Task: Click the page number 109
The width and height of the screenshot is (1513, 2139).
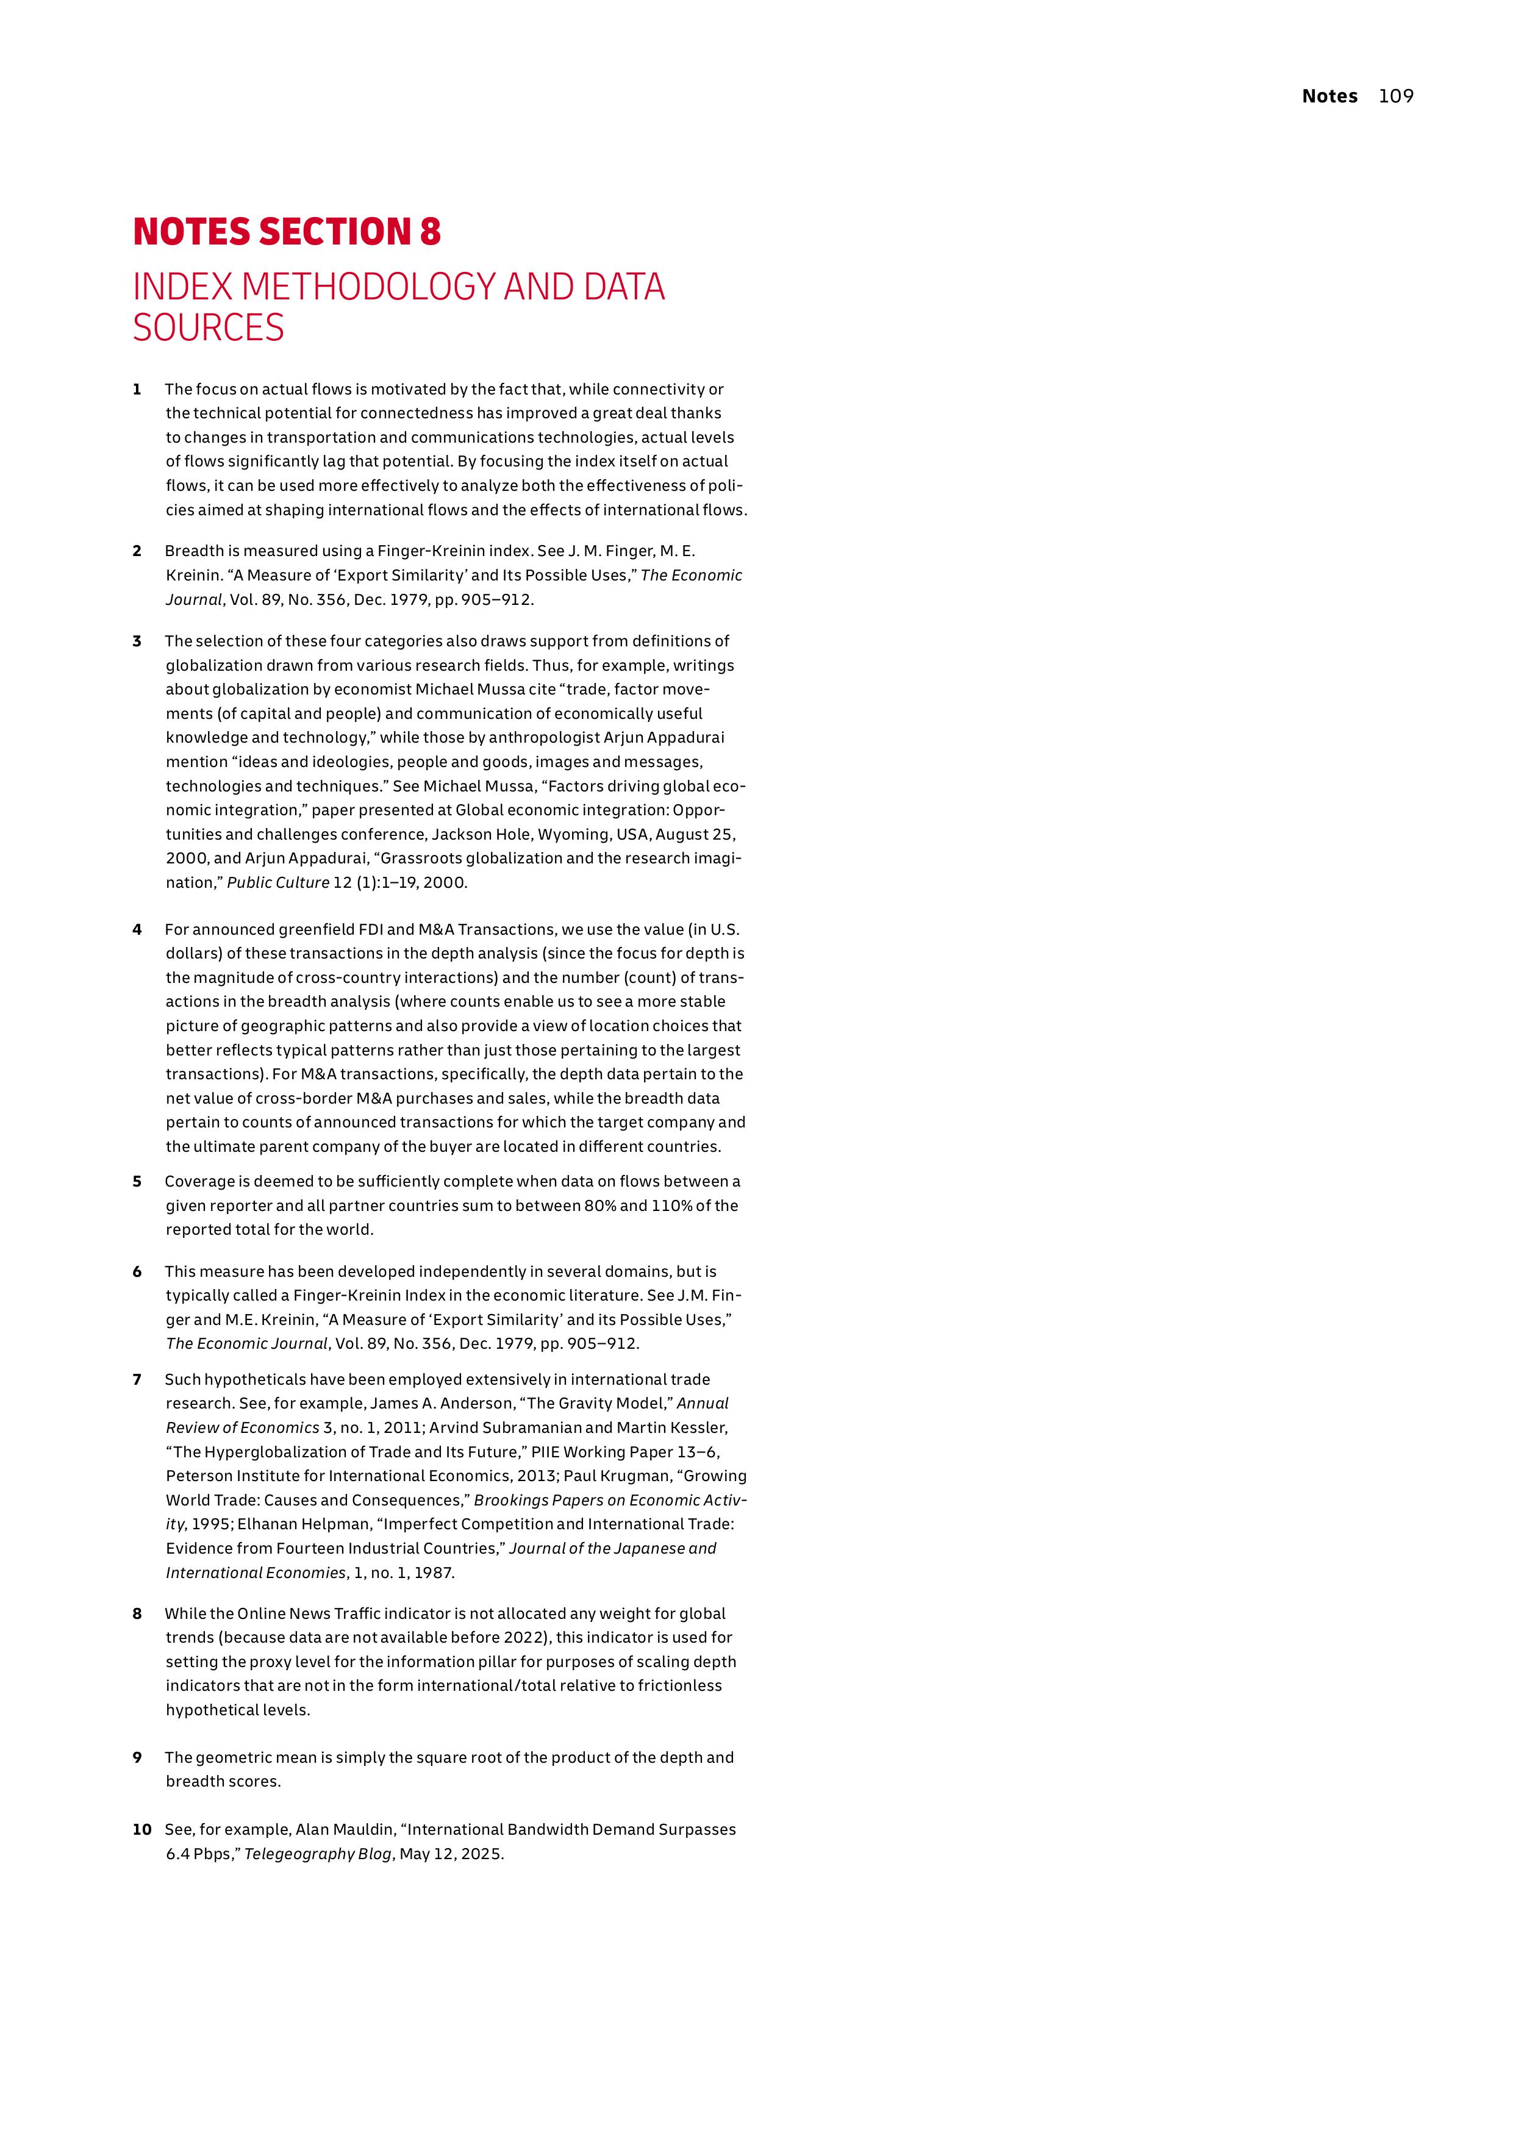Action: pyautogui.click(x=1396, y=96)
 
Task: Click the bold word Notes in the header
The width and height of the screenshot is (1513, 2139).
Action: pyautogui.click(x=1329, y=96)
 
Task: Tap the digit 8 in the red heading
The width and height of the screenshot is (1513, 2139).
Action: pyautogui.click(x=429, y=232)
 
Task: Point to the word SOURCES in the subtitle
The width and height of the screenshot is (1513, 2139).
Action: pyautogui.click(x=208, y=328)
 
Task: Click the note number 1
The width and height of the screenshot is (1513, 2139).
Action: pyautogui.click(x=137, y=390)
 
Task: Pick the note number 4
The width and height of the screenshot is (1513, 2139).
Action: pyautogui.click(x=137, y=930)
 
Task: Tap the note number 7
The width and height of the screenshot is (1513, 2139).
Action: pyautogui.click(x=137, y=1380)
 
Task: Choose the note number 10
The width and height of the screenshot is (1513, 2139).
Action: pyautogui.click(x=141, y=1830)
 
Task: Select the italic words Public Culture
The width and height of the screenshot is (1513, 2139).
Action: pyautogui.click(x=277, y=883)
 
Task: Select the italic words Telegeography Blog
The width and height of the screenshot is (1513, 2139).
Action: pyautogui.click(x=317, y=1854)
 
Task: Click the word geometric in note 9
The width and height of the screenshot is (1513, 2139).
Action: pyautogui.click(x=238, y=1758)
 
